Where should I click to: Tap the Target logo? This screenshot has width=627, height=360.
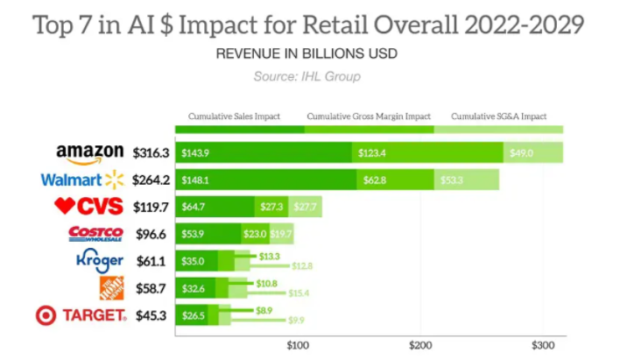[x=81, y=315]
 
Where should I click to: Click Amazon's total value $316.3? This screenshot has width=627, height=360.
[x=151, y=153]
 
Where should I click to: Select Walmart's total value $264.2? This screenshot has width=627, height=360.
[x=151, y=180]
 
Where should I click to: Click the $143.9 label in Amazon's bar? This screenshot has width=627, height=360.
[x=195, y=153]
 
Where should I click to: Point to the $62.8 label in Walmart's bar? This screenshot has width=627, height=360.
[x=375, y=180]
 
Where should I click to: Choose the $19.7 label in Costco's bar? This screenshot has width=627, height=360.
[x=281, y=234]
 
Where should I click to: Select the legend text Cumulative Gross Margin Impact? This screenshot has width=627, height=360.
[x=369, y=116]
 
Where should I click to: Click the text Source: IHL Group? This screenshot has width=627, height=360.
[x=306, y=76]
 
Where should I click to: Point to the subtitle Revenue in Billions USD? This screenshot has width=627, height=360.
[x=306, y=53]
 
